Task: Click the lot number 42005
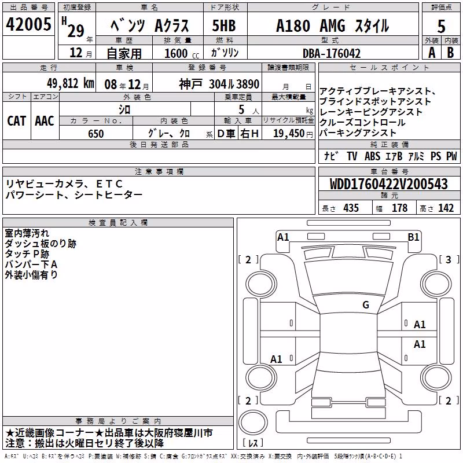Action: [28, 24]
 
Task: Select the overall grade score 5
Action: [441, 26]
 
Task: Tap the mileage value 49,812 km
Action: [70, 83]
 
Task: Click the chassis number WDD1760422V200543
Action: [388, 184]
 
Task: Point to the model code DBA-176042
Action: [332, 53]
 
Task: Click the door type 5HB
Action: [224, 25]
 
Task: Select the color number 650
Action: [95, 134]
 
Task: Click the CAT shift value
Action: [17, 121]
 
